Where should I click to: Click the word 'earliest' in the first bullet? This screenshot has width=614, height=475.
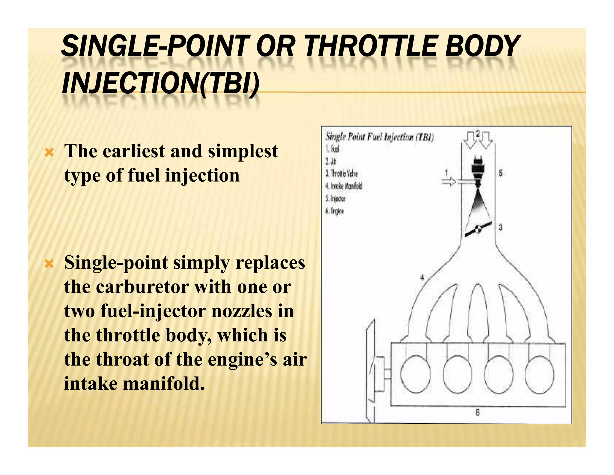[x=134, y=151]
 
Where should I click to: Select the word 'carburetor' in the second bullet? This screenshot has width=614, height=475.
[x=142, y=287]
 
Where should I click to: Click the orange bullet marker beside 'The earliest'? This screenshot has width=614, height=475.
[x=49, y=153]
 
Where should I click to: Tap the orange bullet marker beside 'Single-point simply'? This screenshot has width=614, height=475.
[x=49, y=265]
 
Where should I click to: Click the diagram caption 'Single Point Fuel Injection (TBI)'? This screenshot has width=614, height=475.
[x=379, y=137]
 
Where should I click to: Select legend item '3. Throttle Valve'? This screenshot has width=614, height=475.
[x=342, y=174]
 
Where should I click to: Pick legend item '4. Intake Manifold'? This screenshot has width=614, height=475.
[x=344, y=186]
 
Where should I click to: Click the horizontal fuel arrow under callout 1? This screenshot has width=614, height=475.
[x=449, y=182]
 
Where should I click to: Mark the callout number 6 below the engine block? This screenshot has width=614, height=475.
[x=478, y=413]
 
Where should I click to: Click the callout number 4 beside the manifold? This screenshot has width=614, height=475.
[x=422, y=278]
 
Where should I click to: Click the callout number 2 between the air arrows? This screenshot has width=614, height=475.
[x=478, y=133]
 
